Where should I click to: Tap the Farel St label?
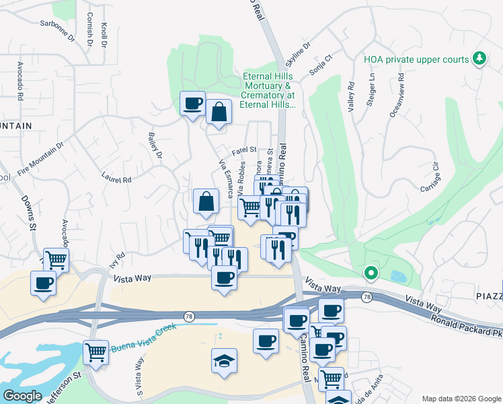(245, 149)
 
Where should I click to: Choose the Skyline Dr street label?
(298, 57)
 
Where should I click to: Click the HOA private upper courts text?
(416, 59)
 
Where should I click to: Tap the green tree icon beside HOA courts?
(479, 59)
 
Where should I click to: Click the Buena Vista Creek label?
(145, 331)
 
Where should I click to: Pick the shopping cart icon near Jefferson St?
(96, 351)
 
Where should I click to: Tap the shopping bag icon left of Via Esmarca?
(206, 200)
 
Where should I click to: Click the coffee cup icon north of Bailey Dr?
(193, 103)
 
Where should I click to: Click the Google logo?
(22, 396)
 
